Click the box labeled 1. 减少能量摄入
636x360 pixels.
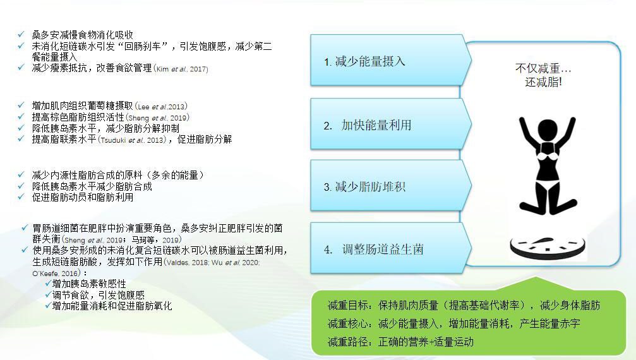(390, 60)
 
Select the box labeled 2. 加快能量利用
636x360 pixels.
(390, 124)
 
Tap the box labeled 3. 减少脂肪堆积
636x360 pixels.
(390, 186)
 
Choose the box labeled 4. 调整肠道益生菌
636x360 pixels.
(390, 248)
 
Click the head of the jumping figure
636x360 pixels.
(548, 130)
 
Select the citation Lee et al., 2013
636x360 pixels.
(162, 107)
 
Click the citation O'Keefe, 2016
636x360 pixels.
(55, 273)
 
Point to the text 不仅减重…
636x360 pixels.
(543, 68)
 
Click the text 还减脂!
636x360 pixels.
(543, 82)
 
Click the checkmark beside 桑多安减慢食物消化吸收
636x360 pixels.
(21, 35)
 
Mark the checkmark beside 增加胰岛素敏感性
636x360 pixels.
(48, 284)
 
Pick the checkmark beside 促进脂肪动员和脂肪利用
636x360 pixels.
(21, 197)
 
